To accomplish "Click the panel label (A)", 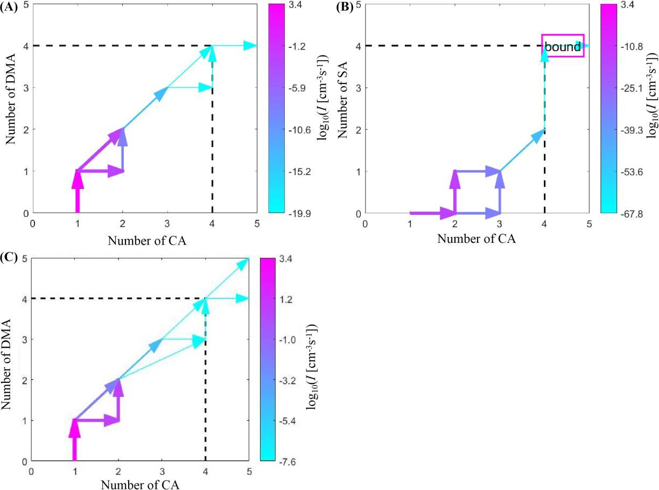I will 10,8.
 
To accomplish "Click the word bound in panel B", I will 563,47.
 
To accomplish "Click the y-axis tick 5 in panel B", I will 358,4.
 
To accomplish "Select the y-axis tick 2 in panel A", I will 26,129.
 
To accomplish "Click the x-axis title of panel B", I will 476,239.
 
